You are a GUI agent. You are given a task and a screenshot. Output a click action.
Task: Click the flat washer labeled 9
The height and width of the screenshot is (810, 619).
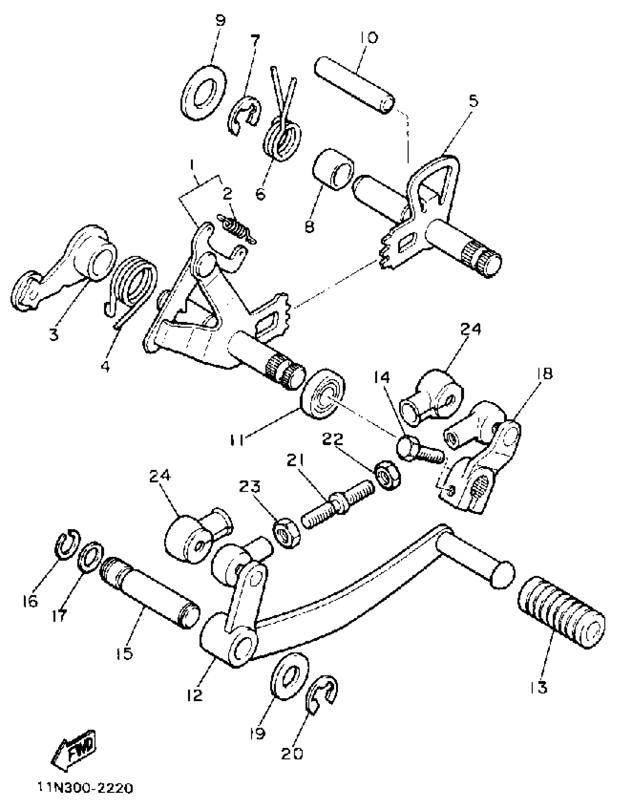coord(204,92)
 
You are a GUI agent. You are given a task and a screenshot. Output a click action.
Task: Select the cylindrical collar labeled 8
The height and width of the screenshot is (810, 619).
coord(332,169)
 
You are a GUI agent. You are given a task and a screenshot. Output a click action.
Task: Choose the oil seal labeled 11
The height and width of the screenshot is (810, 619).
coord(323,393)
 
